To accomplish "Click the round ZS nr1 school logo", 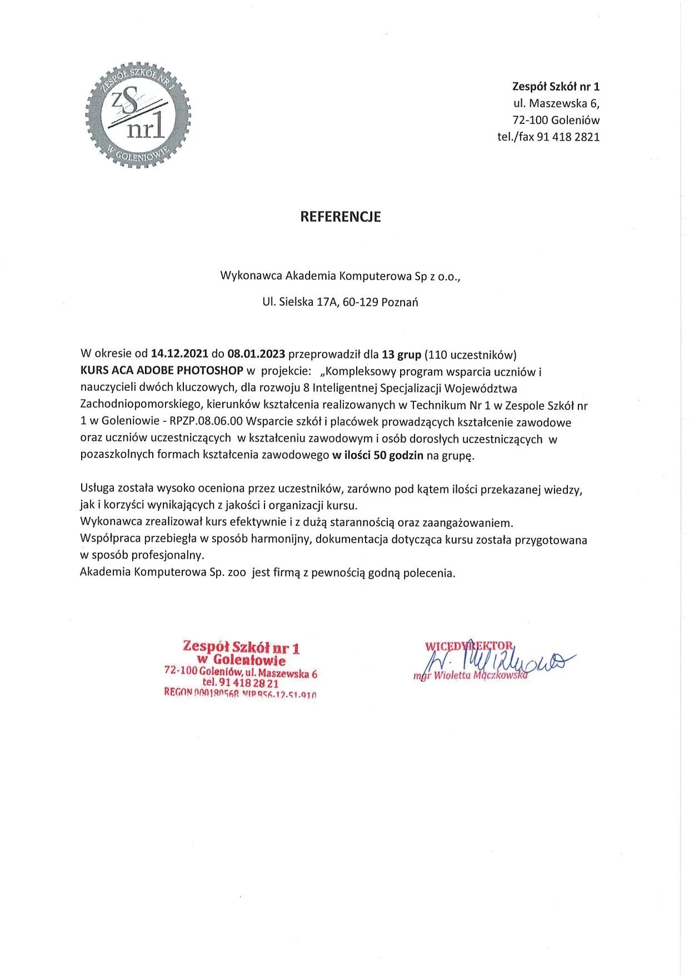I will click(x=138, y=115).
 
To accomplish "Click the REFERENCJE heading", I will click(x=340, y=217).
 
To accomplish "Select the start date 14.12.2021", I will click(x=179, y=354).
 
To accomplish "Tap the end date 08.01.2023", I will click(x=256, y=354).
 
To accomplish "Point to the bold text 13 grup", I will click(x=401, y=354).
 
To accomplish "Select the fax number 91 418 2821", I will click(x=568, y=137).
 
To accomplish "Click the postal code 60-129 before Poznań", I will click(x=361, y=302).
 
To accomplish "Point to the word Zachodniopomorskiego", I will click(x=141, y=405).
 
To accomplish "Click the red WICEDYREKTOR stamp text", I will click(x=469, y=646).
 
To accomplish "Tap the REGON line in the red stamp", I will click(x=240, y=693).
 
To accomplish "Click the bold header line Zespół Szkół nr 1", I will click(x=556, y=87).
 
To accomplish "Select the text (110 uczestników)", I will click(x=470, y=354).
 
